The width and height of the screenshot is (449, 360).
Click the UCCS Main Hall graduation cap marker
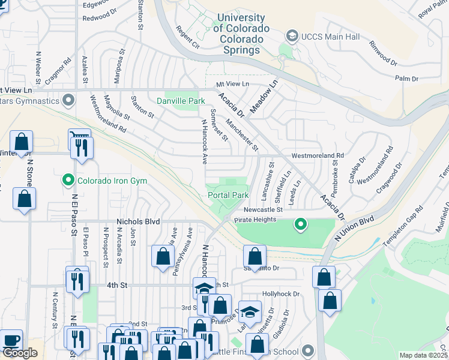point(292,37)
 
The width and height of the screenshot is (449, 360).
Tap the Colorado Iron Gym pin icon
point(67,179)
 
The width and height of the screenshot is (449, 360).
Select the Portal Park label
point(228,195)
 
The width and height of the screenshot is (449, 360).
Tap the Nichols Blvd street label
point(139,221)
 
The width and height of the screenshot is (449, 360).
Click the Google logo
point(19,353)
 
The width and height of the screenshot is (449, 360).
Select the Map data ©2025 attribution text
point(423,355)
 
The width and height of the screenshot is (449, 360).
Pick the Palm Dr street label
point(406,79)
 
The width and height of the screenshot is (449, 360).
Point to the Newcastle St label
point(263,209)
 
